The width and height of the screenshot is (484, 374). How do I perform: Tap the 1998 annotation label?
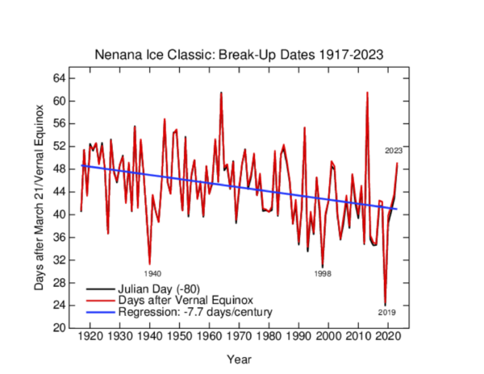322,274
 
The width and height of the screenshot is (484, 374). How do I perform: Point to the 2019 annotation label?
386,312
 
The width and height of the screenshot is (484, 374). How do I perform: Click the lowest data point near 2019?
386,305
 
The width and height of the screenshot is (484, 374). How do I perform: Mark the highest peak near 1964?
221,93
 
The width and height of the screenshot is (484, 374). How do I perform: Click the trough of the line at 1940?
149,263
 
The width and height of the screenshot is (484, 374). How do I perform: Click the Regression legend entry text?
185,311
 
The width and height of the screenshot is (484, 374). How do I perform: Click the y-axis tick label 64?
60,78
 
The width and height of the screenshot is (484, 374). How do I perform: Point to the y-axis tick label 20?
60,328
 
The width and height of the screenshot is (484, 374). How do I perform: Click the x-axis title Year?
238,357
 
